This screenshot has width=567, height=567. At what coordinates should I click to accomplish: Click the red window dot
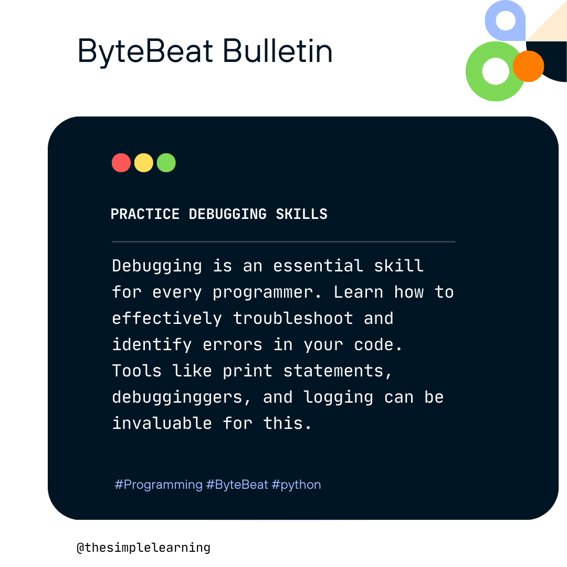tap(121, 163)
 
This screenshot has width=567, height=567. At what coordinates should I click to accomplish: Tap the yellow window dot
tap(144, 163)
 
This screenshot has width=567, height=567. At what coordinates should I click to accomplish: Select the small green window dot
tap(166, 163)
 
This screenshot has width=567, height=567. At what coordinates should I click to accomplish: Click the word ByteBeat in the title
tap(145, 52)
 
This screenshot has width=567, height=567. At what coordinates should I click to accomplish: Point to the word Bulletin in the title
tap(278, 52)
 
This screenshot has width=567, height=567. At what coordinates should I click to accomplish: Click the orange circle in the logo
tap(528, 66)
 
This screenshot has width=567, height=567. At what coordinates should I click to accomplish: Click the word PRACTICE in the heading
tap(145, 214)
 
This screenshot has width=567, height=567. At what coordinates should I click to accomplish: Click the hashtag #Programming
tap(159, 484)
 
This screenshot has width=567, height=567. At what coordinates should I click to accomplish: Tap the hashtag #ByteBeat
tap(237, 484)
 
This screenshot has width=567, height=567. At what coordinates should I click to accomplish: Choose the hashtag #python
tap(296, 484)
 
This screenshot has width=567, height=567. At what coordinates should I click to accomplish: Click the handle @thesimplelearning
tap(143, 548)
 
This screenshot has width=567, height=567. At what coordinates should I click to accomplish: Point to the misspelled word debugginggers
tap(177, 397)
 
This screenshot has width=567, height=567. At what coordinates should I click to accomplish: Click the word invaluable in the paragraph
tap(162, 423)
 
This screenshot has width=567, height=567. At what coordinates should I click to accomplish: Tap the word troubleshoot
tap(293, 319)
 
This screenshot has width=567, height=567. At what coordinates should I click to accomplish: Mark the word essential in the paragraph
tap(318, 266)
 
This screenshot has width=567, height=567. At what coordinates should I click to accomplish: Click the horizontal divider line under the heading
tap(283, 241)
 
